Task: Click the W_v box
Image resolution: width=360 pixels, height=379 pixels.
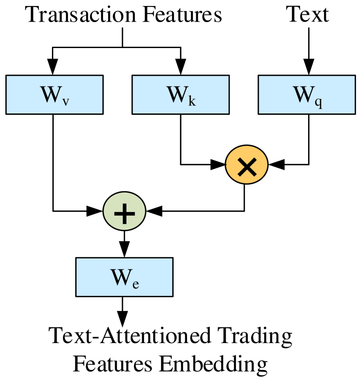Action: tap(55, 95)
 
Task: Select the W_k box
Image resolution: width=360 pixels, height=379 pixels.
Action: tap(180, 95)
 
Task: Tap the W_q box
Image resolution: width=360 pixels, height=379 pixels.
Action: tap(307, 95)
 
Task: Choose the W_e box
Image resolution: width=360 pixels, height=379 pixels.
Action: tap(124, 277)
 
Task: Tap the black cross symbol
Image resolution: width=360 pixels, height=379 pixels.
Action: tap(247, 166)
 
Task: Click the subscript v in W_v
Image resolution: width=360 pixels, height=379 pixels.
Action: tap(65, 101)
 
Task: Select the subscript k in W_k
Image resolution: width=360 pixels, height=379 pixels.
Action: tap(192, 100)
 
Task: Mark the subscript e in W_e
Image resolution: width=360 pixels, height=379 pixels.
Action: tap(135, 284)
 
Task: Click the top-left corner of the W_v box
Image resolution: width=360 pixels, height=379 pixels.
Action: tap(7, 77)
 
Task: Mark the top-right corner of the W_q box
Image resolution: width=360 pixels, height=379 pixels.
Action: tap(354, 77)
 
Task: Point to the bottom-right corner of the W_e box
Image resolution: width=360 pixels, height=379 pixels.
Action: tap(172, 295)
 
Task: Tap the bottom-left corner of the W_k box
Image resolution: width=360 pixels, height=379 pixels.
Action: tap(133, 113)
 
